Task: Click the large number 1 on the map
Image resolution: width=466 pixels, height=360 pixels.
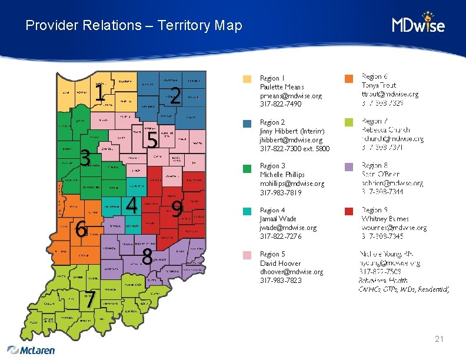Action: click(101, 93)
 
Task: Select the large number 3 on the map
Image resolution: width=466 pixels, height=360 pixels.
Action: click(85, 158)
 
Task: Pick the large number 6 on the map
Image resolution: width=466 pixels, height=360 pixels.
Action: click(81, 228)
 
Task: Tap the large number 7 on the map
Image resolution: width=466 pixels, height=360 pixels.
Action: click(89, 299)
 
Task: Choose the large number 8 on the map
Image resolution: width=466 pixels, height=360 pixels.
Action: click(148, 256)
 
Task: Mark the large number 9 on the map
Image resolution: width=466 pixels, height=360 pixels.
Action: click(176, 208)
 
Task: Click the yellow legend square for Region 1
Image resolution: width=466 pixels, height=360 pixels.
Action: click(248, 79)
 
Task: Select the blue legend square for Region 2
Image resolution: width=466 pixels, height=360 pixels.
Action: click(248, 124)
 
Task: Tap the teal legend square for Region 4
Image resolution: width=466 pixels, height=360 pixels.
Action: click(248, 211)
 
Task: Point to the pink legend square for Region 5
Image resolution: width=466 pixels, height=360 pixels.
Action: click(248, 255)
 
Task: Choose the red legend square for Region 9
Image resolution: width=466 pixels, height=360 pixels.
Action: click(349, 211)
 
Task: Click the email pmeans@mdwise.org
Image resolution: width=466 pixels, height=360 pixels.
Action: click(291, 95)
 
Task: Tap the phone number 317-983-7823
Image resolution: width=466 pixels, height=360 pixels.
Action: click(281, 281)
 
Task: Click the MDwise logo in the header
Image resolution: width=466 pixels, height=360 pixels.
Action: click(418, 24)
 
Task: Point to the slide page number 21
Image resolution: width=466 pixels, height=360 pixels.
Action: click(439, 339)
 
